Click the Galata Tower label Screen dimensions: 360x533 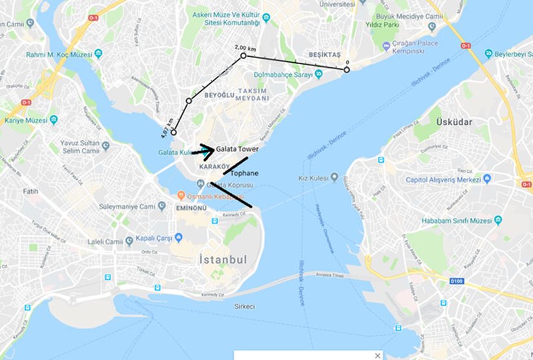(x=237, y=149)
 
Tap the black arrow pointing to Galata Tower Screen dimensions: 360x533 (x=205, y=151)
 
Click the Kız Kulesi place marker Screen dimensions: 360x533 (x=334, y=177)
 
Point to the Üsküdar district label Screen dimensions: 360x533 (x=454, y=122)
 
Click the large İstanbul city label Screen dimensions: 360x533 (x=220, y=260)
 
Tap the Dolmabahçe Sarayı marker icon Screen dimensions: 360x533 (x=318, y=75)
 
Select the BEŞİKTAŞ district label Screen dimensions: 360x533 (x=326, y=56)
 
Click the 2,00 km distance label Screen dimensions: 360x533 (x=245, y=48)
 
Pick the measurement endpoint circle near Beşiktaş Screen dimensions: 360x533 (x=347, y=69)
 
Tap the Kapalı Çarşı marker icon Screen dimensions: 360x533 (x=129, y=238)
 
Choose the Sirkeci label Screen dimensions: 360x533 (x=242, y=306)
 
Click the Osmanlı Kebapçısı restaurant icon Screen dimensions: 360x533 (x=182, y=196)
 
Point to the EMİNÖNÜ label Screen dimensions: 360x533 (x=191, y=209)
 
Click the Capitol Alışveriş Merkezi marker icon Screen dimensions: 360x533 (x=486, y=178)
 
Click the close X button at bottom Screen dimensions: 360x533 (x=377, y=355)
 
